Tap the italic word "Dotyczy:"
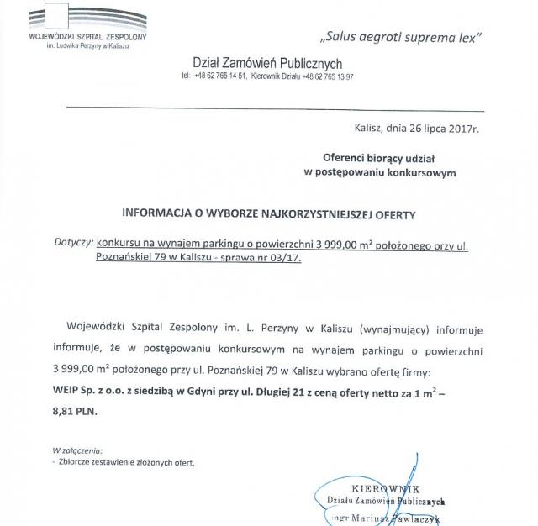pos(73,244)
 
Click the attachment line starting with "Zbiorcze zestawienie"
pos(126,462)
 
